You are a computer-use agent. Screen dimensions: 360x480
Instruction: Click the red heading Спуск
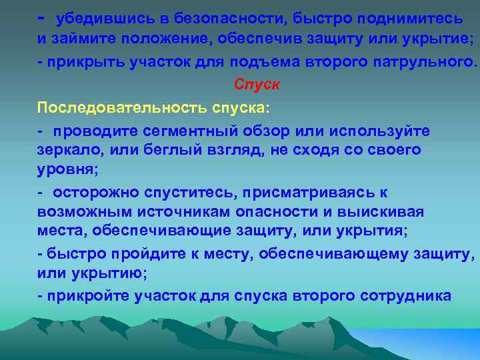(257, 85)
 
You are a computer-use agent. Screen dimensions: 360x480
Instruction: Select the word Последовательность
(122, 108)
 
